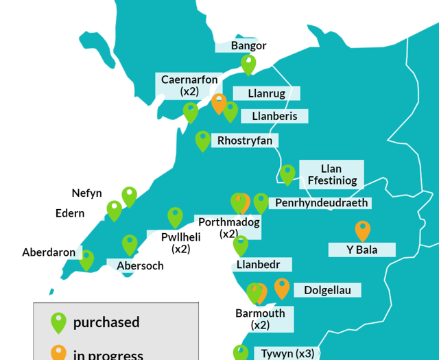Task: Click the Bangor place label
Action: click(248, 46)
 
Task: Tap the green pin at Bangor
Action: click(248, 64)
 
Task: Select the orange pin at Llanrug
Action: click(219, 103)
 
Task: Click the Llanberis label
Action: click(274, 116)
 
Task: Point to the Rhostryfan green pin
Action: click(202, 140)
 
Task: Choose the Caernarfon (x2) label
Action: click(189, 85)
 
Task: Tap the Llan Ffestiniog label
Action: click(331, 175)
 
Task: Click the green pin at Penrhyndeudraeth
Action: click(261, 202)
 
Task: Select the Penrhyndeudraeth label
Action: click(322, 203)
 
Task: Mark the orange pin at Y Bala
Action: click(362, 230)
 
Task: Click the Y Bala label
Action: click(361, 250)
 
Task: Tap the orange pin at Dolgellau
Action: click(282, 287)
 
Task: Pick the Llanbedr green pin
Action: click(240, 244)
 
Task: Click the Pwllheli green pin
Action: click(175, 217)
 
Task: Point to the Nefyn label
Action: click(86, 193)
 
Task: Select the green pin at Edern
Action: click(114, 210)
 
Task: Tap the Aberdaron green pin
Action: click(86, 259)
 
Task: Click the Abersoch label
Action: click(140, 265)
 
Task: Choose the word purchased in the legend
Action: click(106, 322)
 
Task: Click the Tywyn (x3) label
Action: click(287, 354)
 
